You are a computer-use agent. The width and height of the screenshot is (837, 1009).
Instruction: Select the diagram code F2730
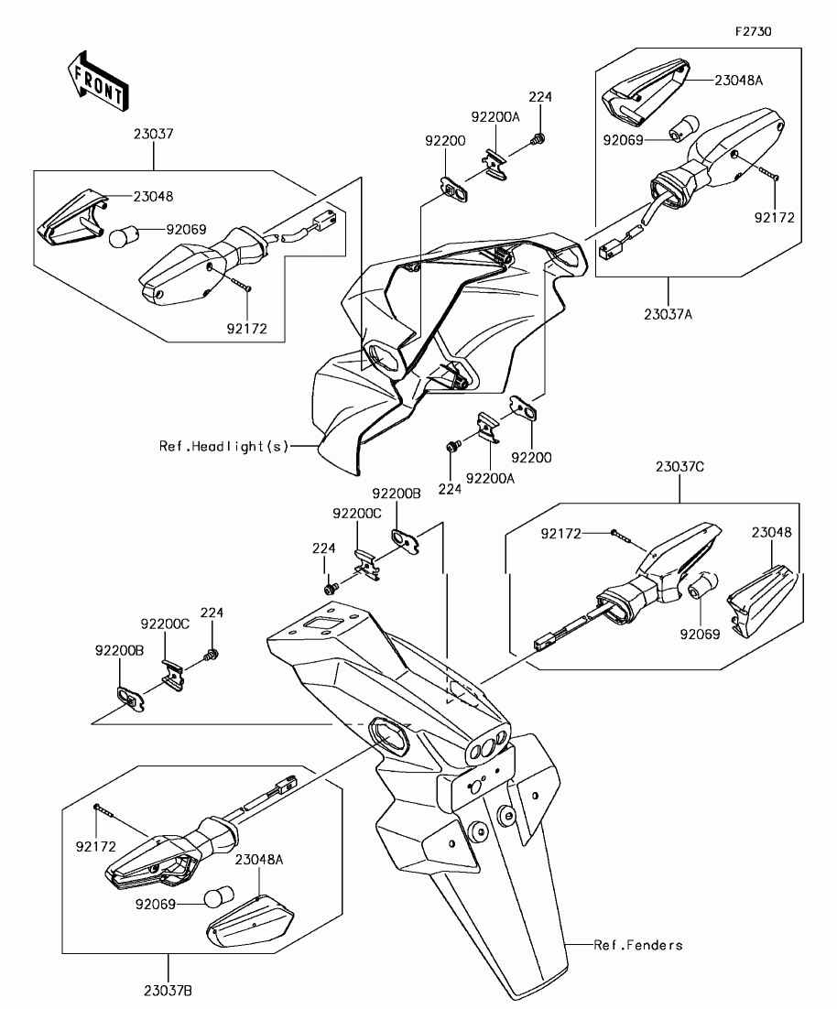[x=754, y=31]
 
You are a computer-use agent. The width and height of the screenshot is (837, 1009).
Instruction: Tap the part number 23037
[x=153, y=134]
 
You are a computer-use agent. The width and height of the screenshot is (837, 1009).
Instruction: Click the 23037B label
[x=168, y=991]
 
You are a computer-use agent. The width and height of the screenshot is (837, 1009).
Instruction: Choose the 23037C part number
[x=679, y=466]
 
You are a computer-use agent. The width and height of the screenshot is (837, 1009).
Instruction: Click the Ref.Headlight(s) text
[x=224, y=447]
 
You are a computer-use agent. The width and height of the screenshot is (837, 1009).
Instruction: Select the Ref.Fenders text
[x=638, y=945]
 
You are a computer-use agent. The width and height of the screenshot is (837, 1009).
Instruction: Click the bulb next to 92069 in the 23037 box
[x=122, y=237]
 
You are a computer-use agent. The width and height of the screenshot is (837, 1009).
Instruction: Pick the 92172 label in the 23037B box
[x=95, y=847]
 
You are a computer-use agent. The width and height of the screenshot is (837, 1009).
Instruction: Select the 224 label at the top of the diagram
[x=540, y=96]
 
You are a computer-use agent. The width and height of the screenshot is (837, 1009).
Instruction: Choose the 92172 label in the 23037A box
[x=774, y=218]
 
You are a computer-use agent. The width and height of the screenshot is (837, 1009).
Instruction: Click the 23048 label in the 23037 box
[x=153, y=196]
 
